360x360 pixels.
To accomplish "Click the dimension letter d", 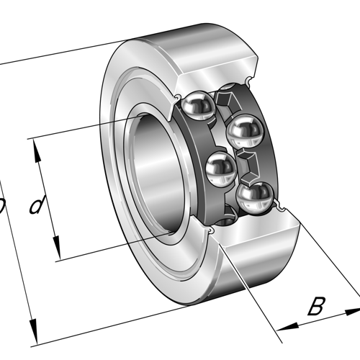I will (37, 206).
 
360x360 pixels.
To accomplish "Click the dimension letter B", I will (315, 306).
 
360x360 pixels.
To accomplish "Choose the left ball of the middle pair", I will (220, 170).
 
